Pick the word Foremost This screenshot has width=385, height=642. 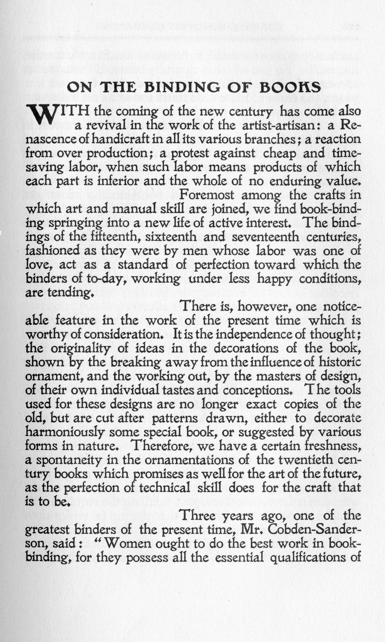208,195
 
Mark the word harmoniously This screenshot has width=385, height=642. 72,432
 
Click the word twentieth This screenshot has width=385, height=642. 307,460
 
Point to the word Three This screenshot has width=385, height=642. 198,515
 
